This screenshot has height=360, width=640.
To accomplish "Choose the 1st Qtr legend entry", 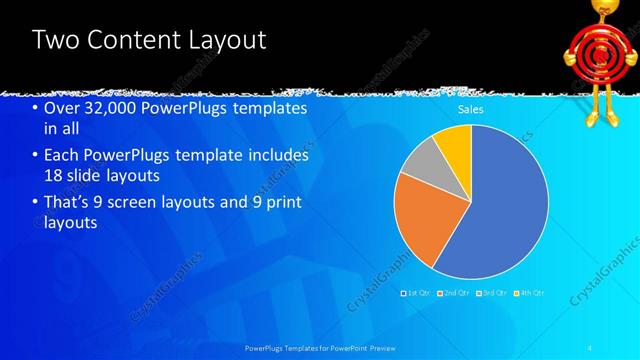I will click(x=414, y=293).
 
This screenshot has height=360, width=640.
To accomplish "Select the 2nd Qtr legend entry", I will click(x=455, y=293).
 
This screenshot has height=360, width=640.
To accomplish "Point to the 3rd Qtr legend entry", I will click(x=492, y=293).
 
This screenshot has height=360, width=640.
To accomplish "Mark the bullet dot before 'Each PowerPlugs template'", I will click(x=36, y=156).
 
